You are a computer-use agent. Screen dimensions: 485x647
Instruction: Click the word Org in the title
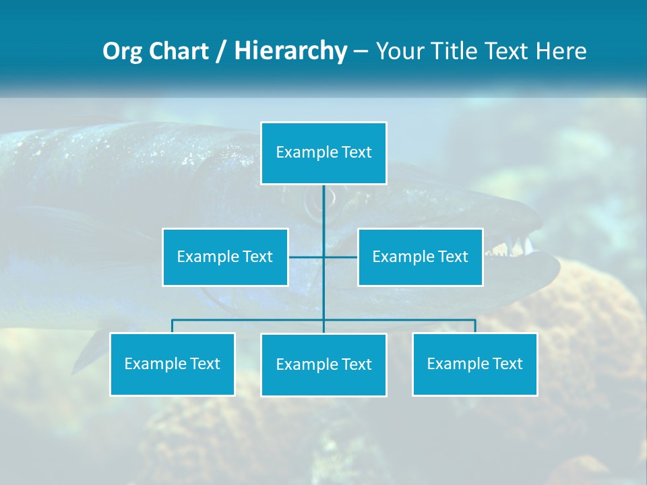point(123,52)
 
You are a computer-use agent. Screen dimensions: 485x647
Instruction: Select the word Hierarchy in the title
point(290,52)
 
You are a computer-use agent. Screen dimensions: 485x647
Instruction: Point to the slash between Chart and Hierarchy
point(220,52)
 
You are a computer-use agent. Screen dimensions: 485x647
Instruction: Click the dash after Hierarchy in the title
point(361,52)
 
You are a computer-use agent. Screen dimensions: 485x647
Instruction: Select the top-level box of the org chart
point(323,153)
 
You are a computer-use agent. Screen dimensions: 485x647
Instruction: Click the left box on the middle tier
point(225,257)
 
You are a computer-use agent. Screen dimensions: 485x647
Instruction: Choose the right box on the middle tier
point(420,257)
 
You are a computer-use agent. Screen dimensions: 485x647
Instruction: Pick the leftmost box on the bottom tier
point(172,364)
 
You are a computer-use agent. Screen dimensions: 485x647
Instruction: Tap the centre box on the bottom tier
point(323,364)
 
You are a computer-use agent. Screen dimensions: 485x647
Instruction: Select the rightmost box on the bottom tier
point(474,364)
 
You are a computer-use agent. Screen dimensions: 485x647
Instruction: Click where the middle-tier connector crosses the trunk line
point(323,257)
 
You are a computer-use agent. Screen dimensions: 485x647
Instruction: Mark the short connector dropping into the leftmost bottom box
point(172,326)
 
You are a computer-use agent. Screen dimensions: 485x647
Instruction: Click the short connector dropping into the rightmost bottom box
point(474,326)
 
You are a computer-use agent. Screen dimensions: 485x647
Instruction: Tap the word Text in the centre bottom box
point(356,364)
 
